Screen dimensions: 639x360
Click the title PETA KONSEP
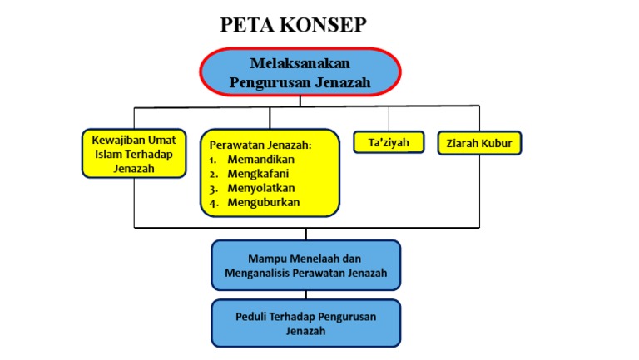click(x=293, y=25)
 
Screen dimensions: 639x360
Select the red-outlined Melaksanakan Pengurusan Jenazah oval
click(x=300, y=72)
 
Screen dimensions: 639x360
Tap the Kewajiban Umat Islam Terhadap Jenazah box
click(x=134, y=154)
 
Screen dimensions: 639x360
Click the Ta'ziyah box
click(x=389, y=142)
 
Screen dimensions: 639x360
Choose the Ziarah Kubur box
click(x=479, y=143)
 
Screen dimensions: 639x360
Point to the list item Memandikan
click(x=260, y=160)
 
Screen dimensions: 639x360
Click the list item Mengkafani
click(x=258, y=174)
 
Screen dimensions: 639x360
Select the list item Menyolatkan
click(x=260, y=188)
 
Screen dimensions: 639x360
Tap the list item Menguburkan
click(x=263, y=202)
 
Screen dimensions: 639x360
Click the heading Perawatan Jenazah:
click(x=260, y=145)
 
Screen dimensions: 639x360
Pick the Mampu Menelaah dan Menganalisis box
click(x=306, y=265)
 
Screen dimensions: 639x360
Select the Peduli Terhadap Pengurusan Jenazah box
click(x=306, y=323)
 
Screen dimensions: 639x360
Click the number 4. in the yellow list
click(x=214, y=203)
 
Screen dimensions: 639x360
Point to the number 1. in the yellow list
click(x=213, y=160)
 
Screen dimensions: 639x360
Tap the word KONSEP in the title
click(x=323, y=25)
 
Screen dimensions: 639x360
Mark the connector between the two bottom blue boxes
click(x=306, y=295)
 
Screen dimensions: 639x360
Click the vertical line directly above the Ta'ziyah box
click(x=389, y=119)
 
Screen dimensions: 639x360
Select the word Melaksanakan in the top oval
click(x=300, y=63)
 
